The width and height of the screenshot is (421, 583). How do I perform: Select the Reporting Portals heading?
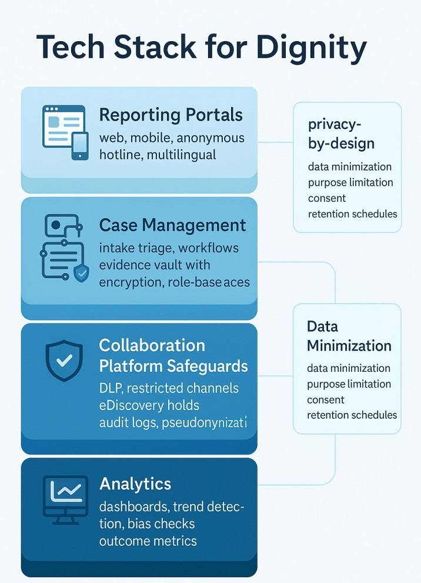click(171, 115)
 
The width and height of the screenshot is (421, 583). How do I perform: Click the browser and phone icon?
click(65, 132)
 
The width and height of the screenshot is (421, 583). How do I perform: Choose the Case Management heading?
click(173, 225)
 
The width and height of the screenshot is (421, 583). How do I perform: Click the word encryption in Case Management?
click(130, 282)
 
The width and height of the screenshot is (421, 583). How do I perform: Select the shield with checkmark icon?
click(64, 359)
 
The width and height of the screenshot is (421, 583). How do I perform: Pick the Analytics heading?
click(135, 484)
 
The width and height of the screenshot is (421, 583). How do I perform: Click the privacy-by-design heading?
click(341, 134)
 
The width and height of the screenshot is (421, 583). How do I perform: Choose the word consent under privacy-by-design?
click(327, 198)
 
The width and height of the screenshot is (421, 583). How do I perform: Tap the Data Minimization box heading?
click(349, 336)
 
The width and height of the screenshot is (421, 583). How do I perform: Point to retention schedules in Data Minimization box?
click(352, 415)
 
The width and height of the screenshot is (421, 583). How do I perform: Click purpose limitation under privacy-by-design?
click(350, 182)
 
